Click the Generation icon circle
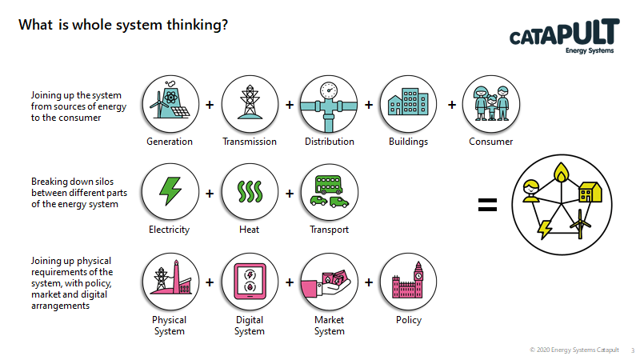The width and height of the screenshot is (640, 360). [170, 104]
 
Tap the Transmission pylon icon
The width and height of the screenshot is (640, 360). [249, 104]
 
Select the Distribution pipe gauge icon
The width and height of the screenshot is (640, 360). [328, 104]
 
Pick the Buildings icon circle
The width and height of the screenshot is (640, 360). [407, 104]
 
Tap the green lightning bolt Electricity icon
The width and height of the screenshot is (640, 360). [170, 193]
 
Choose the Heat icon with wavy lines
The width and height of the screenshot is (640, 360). [249, 193]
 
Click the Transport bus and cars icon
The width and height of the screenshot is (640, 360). [328, 193]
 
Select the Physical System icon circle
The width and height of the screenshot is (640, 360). [170, 282]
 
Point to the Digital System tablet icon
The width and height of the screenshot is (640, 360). [249, 282]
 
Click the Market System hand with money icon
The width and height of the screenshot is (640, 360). [328, 282]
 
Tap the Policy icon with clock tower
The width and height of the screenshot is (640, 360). [407, 282]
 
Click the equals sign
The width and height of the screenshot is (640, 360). [487, 205]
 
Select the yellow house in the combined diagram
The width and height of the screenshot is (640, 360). [590, 191]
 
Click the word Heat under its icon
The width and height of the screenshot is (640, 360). [249, 230]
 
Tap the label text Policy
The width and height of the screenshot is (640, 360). [408, 320]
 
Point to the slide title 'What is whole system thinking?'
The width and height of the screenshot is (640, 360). [123, 25]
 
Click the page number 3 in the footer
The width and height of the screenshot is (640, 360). [632, 350]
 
